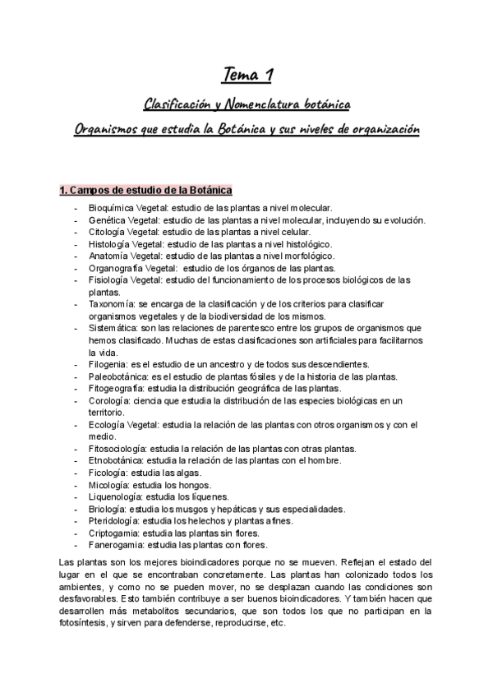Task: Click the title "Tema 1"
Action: (x=247, y=76)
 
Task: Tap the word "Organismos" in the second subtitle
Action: (x=102, y=131)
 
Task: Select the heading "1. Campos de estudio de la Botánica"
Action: (x=145, y=191)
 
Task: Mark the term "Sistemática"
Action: (x=113, y=328)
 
